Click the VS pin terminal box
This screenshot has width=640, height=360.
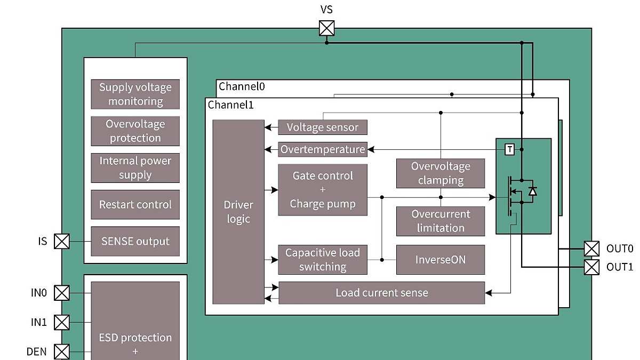click(326, 28)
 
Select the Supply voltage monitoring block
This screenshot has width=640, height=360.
click(135, 94)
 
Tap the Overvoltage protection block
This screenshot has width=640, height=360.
click(135, 131)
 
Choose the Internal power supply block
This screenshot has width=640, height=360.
click(135, 168)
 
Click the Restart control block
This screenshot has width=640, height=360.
click(135, 205)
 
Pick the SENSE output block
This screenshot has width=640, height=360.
click(135, 241)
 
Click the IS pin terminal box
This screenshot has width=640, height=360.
click(62, 242)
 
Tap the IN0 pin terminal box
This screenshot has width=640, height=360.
click(62, 293)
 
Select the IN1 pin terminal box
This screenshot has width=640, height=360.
click(62, 322)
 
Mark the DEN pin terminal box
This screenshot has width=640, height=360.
click(62, 351)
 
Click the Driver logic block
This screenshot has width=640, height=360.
click(238, 212)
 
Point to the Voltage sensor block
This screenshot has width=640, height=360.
click(323, 127)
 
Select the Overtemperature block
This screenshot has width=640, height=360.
click(323, 149)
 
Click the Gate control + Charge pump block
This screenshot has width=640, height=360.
click(323, 190)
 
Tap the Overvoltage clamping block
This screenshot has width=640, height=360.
click(441, 173)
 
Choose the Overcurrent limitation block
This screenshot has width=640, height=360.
click(441, 221)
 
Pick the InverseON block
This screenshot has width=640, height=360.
click(441, 260)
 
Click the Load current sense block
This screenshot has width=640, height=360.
click(382, 293)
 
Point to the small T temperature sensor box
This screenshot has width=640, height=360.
click(510, 149)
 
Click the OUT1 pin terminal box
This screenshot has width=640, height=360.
click(591, 267)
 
